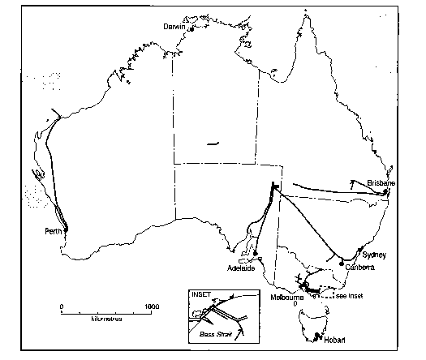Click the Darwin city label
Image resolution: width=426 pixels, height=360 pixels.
click(174, 26)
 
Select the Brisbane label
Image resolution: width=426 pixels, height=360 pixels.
click(381, 183)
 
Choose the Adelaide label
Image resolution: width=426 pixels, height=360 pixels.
click(242, 267)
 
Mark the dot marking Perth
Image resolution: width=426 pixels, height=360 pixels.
click(66, 229)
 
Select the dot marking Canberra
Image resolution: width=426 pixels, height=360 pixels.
click(340, 263)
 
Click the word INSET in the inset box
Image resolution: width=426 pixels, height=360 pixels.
click(198, 293)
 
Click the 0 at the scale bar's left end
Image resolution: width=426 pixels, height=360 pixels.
click(62, 306)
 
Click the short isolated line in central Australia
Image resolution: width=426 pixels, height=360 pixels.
click(213, 144)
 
